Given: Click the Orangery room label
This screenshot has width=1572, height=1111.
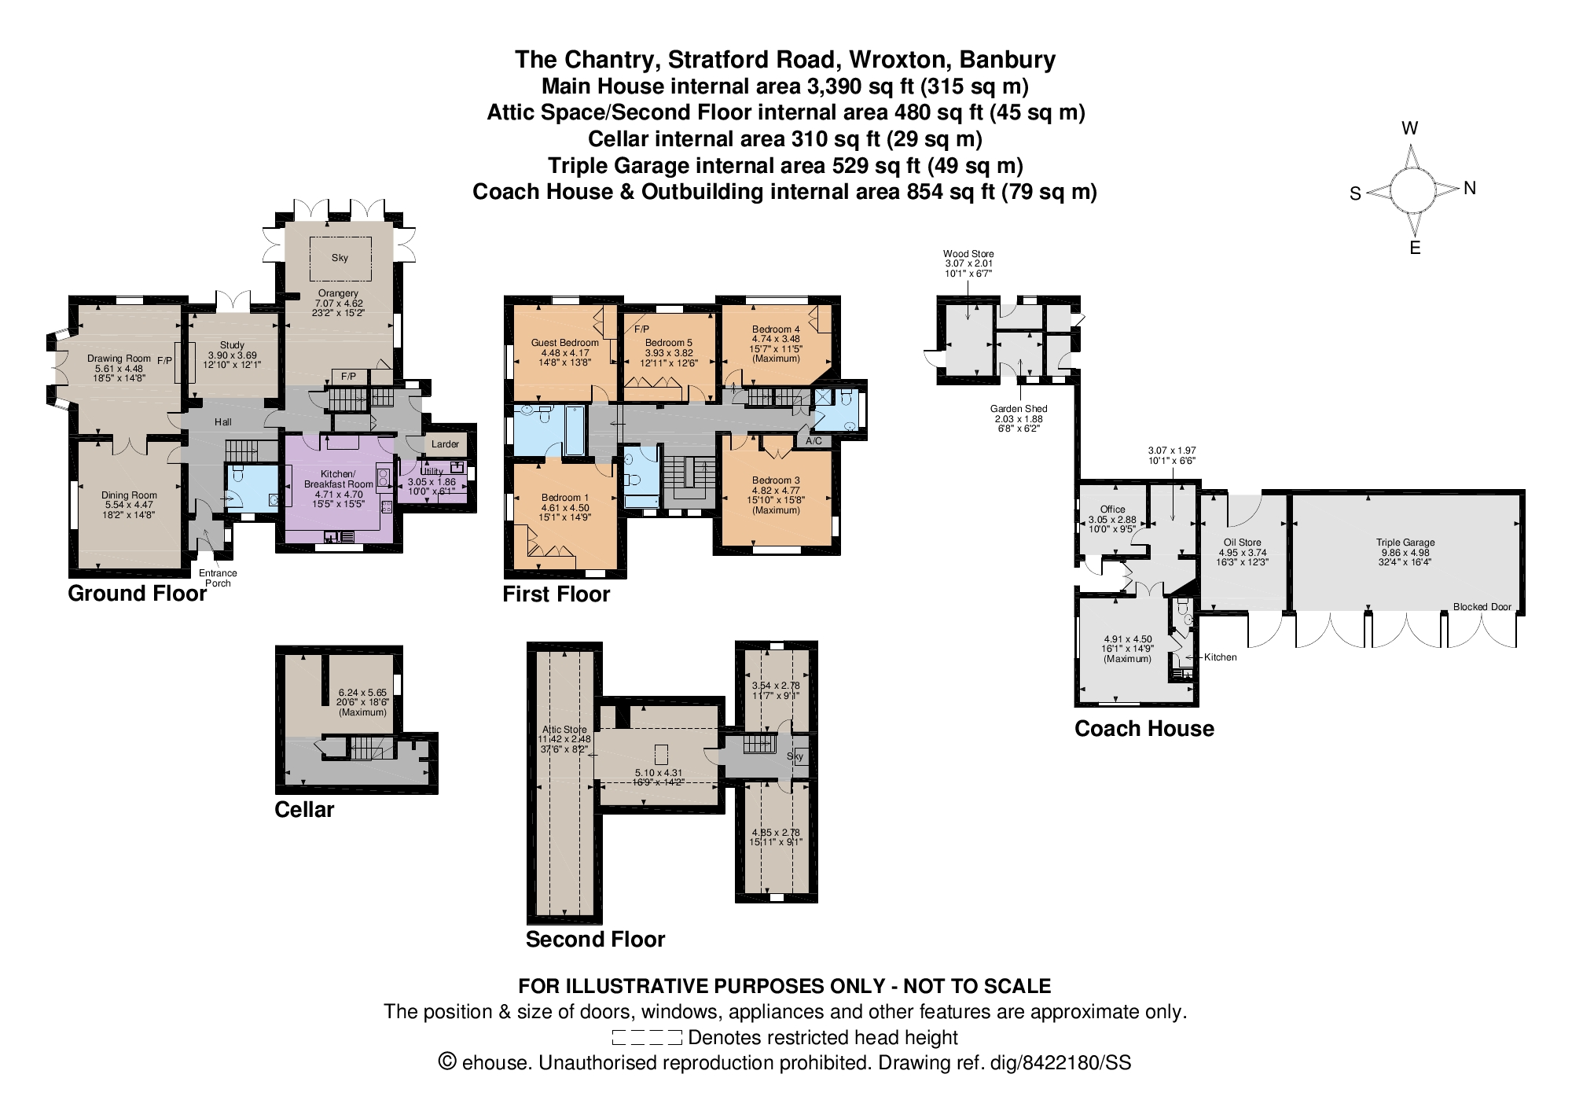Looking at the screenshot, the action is pyautogui.click(x=339, y=293).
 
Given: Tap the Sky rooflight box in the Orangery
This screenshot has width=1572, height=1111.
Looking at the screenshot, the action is pyautogui.click(x=340, y=258).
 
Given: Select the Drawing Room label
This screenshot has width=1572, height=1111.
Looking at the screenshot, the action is pyautogui.click(x=119, y=359).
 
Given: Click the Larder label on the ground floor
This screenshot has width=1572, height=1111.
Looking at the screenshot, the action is pyautogui.click(x=445, y=444).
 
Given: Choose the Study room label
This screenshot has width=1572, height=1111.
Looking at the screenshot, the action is pyautogui.click(x=232, y=345).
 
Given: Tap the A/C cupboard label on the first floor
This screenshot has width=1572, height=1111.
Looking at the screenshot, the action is pyautogui.click(x=814, y=441).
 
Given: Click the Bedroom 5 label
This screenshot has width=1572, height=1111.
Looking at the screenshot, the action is pyautogui.click(x=669, y=343).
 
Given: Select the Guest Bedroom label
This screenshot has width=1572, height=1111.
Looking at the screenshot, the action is pyautogui.click(x=564, y=343).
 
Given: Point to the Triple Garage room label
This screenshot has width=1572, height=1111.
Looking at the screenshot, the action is pyautogui.click(x=1405, y=543).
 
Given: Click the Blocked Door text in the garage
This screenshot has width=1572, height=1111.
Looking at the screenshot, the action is pyautogui.click(x=1482, y=607).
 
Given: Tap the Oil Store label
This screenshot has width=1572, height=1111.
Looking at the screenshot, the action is pyautogui.click(x=1242, y=543).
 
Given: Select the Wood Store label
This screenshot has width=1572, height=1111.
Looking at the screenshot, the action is pyautogui.click(x=968, y=254).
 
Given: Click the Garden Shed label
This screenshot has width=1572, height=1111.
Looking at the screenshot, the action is pyautogui.click(x=1018, y=409).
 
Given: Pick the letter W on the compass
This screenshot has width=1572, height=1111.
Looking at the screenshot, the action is pyautogui.click(x=1410, y=128).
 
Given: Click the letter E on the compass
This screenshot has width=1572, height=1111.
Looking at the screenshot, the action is pyautogui.click(x=1415, y=248).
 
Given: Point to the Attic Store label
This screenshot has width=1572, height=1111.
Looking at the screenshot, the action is pyautogui.click(x=564, y=730).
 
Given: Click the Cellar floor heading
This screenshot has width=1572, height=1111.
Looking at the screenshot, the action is pyautogui.click(x=304, y=810).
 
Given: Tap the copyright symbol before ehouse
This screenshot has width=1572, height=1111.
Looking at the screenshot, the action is pyautogui.click(x=447, y=1062).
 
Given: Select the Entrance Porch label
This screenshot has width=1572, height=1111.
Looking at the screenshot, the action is pyautogui.click(x=218, y=578).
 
